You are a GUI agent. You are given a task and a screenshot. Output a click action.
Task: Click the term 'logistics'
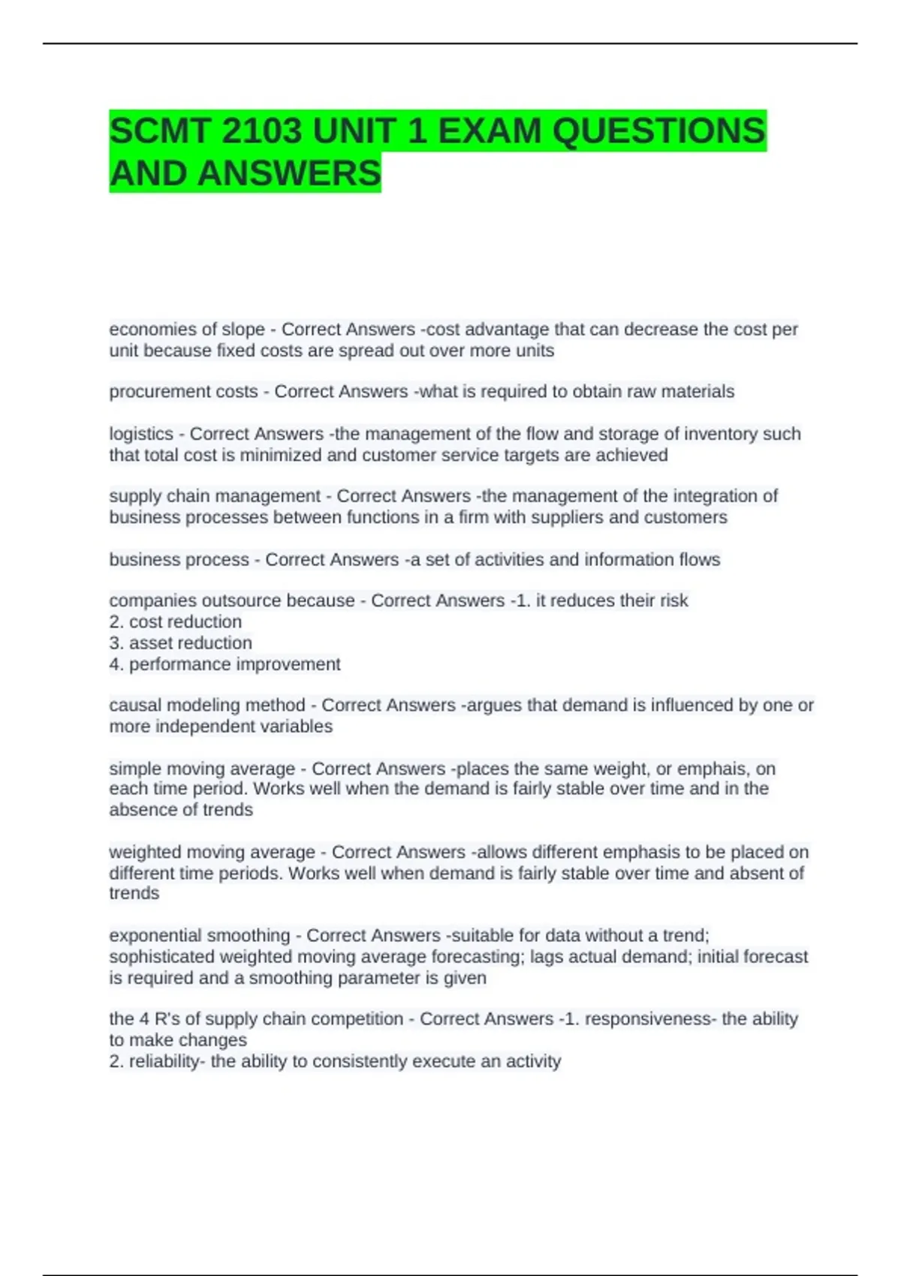141,434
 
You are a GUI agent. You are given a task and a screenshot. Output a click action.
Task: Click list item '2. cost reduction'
176,621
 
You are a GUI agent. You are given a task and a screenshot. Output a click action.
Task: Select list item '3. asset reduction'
181,643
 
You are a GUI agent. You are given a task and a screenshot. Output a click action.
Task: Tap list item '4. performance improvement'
224,664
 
